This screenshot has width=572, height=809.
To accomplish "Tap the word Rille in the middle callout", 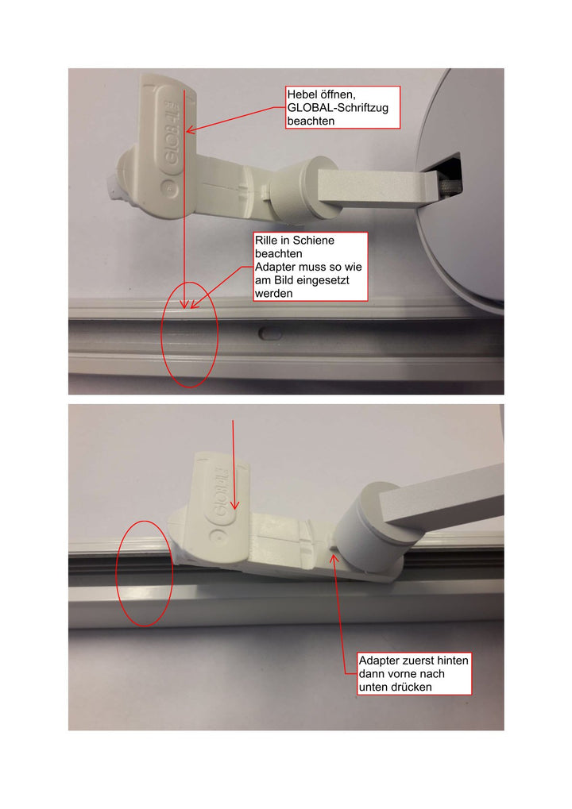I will coord(266,240).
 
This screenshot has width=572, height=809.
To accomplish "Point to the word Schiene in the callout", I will coord(313,240).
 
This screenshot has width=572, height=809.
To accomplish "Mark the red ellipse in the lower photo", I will coord(144,572).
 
